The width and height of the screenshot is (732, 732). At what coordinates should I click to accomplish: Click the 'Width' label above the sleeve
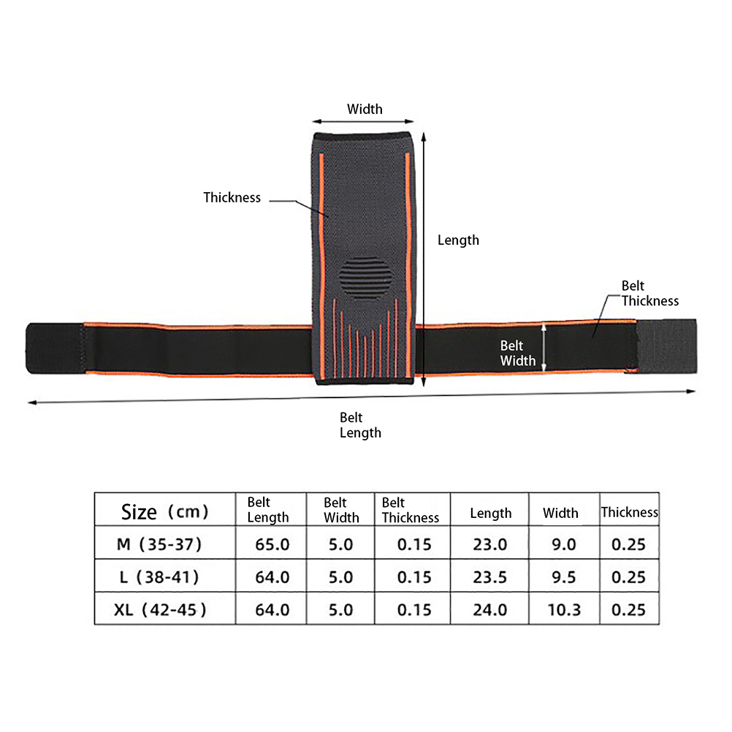tap(365, 110)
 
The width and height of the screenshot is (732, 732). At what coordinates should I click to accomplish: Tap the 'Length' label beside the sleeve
tap(458, 240)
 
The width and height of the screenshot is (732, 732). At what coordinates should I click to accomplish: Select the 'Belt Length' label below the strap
tap(360, 425)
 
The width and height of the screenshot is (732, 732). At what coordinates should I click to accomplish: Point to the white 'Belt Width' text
tap(518, 353)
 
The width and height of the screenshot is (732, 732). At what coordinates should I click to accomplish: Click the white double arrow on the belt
tap(544, 348)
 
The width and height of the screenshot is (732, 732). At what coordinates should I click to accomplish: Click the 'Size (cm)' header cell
tap(165, 511)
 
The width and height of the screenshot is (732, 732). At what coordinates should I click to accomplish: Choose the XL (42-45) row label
tap(161, 609)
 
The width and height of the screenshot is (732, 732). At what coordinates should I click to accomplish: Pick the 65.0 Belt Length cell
tap(272, 544)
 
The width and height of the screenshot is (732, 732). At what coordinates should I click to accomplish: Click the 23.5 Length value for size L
tap(490, 576)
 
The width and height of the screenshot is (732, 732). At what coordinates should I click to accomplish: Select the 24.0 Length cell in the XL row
tap(490, 609)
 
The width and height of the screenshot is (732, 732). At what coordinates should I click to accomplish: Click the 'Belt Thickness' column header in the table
tap(410, 510)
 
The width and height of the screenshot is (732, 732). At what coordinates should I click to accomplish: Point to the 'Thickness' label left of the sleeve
tap(232, 197)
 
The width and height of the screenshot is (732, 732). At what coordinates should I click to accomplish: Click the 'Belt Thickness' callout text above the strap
tap(649, 294)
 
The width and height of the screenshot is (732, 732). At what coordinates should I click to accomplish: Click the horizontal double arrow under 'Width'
tap(364, 123)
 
